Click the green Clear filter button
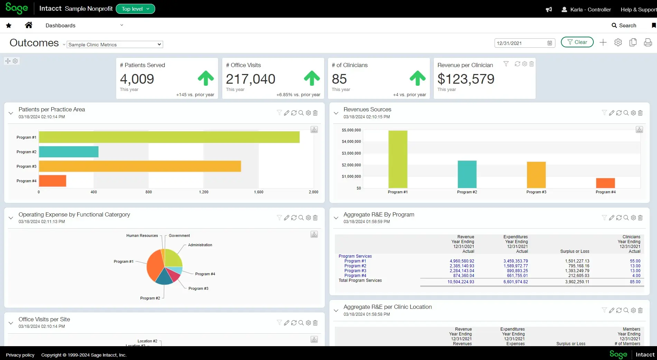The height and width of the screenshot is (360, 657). [x=577, y=42]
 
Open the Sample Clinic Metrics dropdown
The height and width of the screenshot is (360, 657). [x=115, y=45]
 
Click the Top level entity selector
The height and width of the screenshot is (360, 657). [x=135, y=9]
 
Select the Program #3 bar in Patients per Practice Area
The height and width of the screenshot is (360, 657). [x=140, y=166]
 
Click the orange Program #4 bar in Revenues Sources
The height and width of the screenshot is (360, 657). [x=606, y=183]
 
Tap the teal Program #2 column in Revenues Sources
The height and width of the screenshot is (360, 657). [x=467, y=174]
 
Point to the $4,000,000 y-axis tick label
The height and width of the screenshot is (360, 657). [x=351, y=141]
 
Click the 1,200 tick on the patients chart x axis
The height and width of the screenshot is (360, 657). [x=204, y=192]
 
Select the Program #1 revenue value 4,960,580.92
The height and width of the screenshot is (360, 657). [x=462, y=261]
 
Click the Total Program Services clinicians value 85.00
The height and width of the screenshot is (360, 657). [x=635, y=282]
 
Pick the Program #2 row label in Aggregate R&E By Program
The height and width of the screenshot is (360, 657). [x=355, y=266]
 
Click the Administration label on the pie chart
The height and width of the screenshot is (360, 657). [x=200, y=245]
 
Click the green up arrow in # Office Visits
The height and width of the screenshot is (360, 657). [x=312, y=78]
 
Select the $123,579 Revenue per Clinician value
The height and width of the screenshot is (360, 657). [x=466, y=79]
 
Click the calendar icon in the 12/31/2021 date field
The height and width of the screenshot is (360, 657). [x=550, y=43]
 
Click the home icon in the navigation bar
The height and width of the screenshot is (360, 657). [x=29, y=25]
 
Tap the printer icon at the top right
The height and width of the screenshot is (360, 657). [x=648, y=42]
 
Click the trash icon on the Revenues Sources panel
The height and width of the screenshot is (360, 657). [x=640, y=113]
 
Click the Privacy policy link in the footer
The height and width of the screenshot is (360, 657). [x=20, y=355]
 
